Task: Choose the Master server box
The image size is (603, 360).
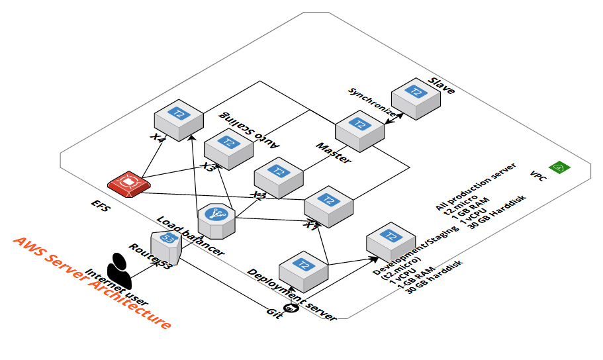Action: tap(359, 128)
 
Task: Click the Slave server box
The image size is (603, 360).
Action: tap(416, 97)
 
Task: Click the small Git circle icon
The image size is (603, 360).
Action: tap(289, 307)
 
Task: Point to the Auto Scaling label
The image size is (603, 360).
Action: tap(250, 129)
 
